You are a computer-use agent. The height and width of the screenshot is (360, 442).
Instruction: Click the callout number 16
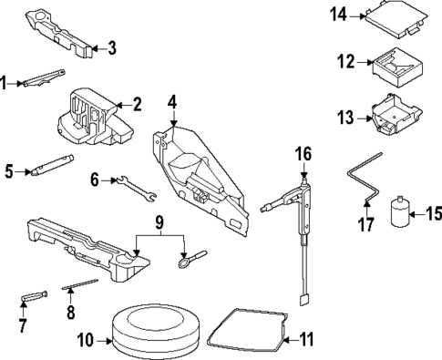pyautogui.click(x=303, y=152)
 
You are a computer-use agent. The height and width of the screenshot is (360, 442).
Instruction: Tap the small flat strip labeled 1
pyautogui.click(x=42, y=80)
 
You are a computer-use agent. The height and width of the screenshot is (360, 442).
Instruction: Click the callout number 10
pyautogui.click(x=85, y=343)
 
